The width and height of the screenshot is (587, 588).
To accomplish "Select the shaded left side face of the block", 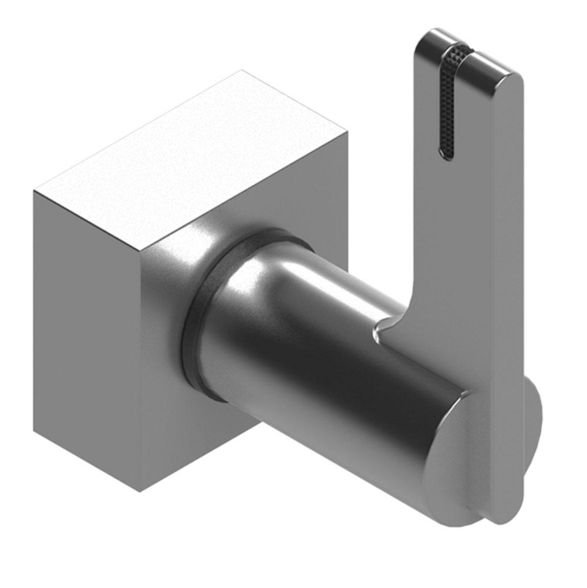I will (x=85, y=329).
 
